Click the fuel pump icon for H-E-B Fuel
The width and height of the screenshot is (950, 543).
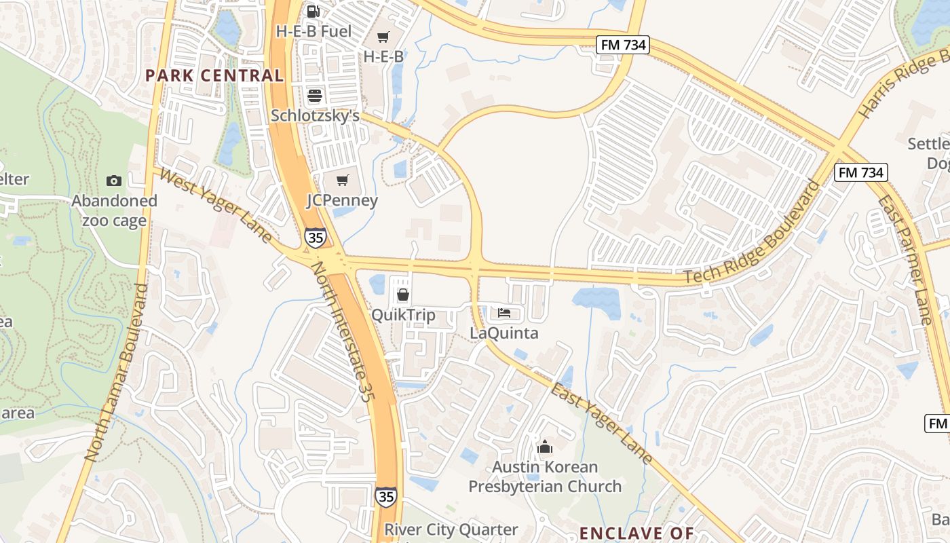(313, 11)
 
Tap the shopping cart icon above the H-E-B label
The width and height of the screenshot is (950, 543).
(383, 37)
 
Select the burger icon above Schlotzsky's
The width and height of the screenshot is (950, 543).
(314, 95)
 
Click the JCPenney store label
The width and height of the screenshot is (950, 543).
(342, 201)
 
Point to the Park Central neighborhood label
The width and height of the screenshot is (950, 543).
(214, 75)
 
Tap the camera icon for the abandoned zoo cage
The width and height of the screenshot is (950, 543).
(114, 181)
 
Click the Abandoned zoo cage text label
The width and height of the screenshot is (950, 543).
(115, 210)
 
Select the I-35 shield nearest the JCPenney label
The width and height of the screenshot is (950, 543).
(315, 238)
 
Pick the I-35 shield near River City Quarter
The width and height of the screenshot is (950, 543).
(385, 496)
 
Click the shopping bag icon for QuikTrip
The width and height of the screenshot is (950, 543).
(403, 295)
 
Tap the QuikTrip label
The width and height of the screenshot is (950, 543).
(403, 316)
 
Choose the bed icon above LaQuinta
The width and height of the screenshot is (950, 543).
(504, 313)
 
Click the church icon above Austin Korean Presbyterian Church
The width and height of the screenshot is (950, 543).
(544, 447)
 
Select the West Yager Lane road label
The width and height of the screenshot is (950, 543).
(217, 207)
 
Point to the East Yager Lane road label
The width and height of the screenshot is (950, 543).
(601, 424)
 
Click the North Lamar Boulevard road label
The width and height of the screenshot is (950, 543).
(116, 373)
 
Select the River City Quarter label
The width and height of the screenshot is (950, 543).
(451, 529)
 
